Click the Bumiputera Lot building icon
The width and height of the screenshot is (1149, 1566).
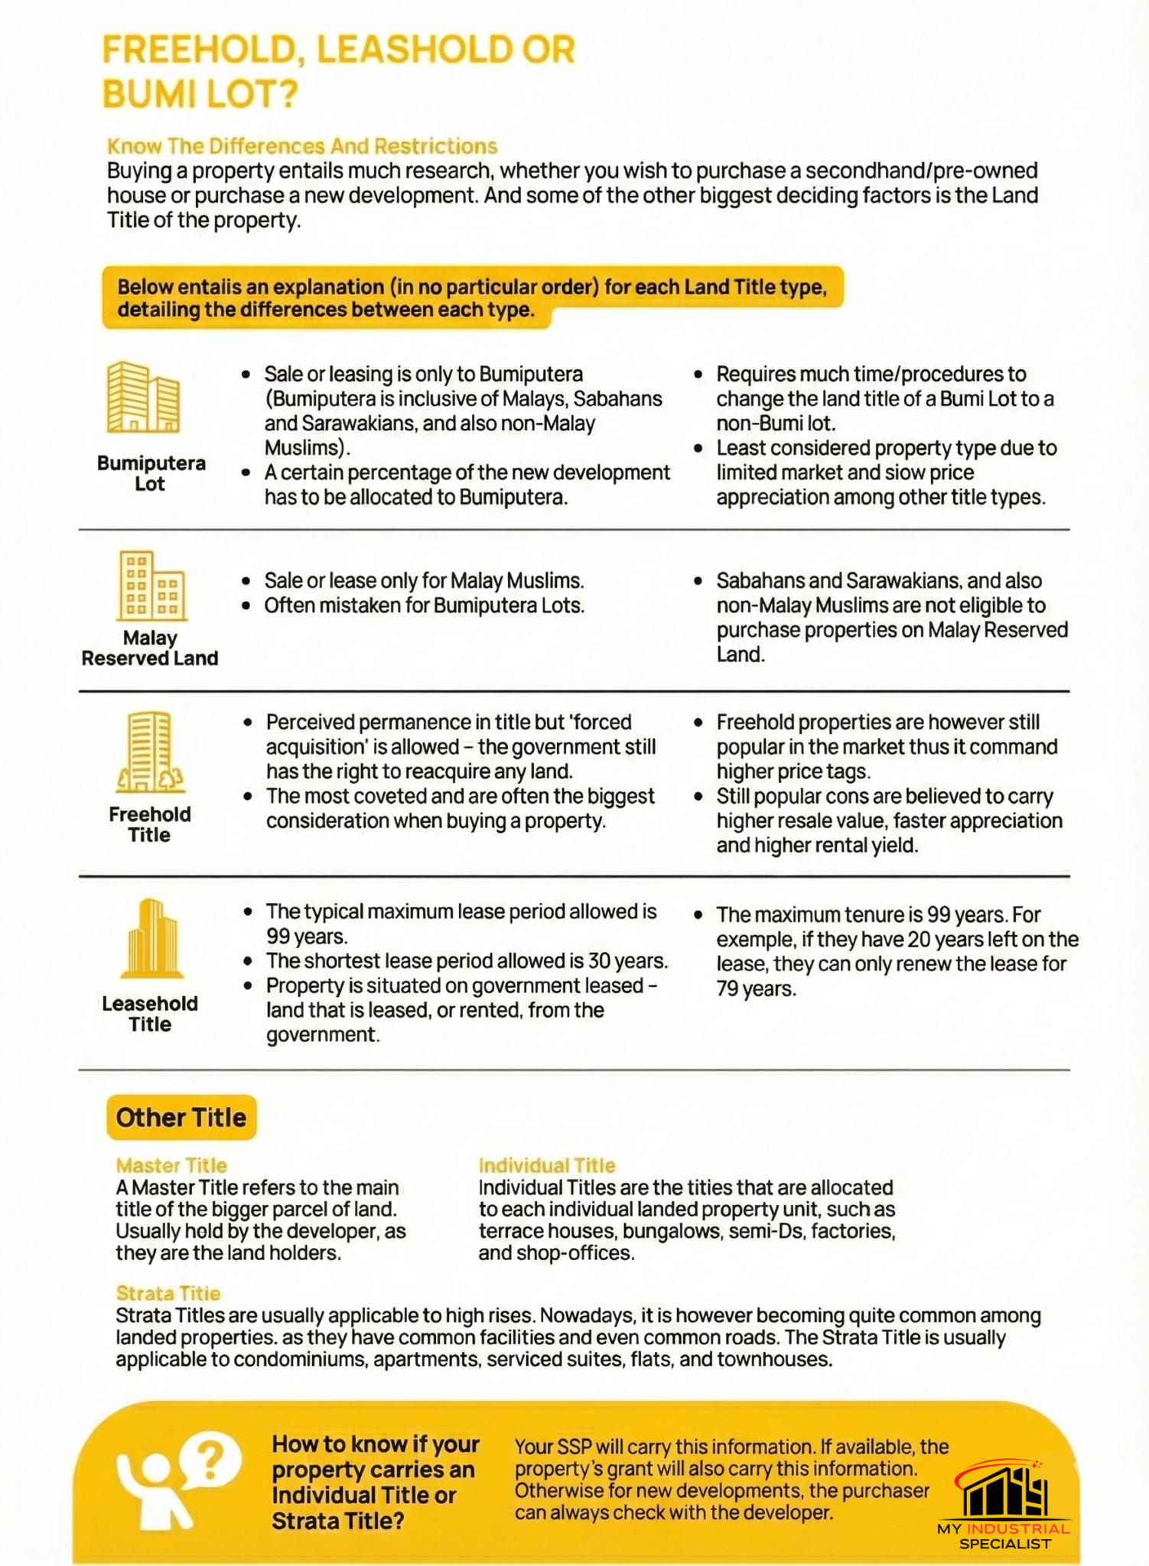(144, 397)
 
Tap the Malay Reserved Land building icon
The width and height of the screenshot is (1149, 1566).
(151, 586)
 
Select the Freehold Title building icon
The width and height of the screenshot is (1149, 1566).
(150, 752)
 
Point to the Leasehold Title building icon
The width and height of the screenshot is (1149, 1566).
(151, 938)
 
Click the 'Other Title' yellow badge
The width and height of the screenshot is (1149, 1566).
(181, 1117)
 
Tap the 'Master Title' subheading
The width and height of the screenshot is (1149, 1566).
(171, 1165)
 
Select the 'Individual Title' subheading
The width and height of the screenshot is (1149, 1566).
(546, 1165)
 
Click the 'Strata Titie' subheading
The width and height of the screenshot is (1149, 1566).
(168, 1293)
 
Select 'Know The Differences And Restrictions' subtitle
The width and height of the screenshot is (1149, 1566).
(302, 146)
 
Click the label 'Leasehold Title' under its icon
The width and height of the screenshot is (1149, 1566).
(150, 1014)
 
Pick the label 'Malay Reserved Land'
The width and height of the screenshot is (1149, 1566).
(150, 648)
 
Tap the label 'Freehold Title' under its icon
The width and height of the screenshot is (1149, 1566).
(150, 824)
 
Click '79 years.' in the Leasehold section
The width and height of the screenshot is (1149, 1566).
(756, 989)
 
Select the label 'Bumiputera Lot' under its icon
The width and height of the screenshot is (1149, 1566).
(151, 473)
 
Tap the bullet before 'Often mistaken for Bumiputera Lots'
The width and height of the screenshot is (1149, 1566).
(246, 606)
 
